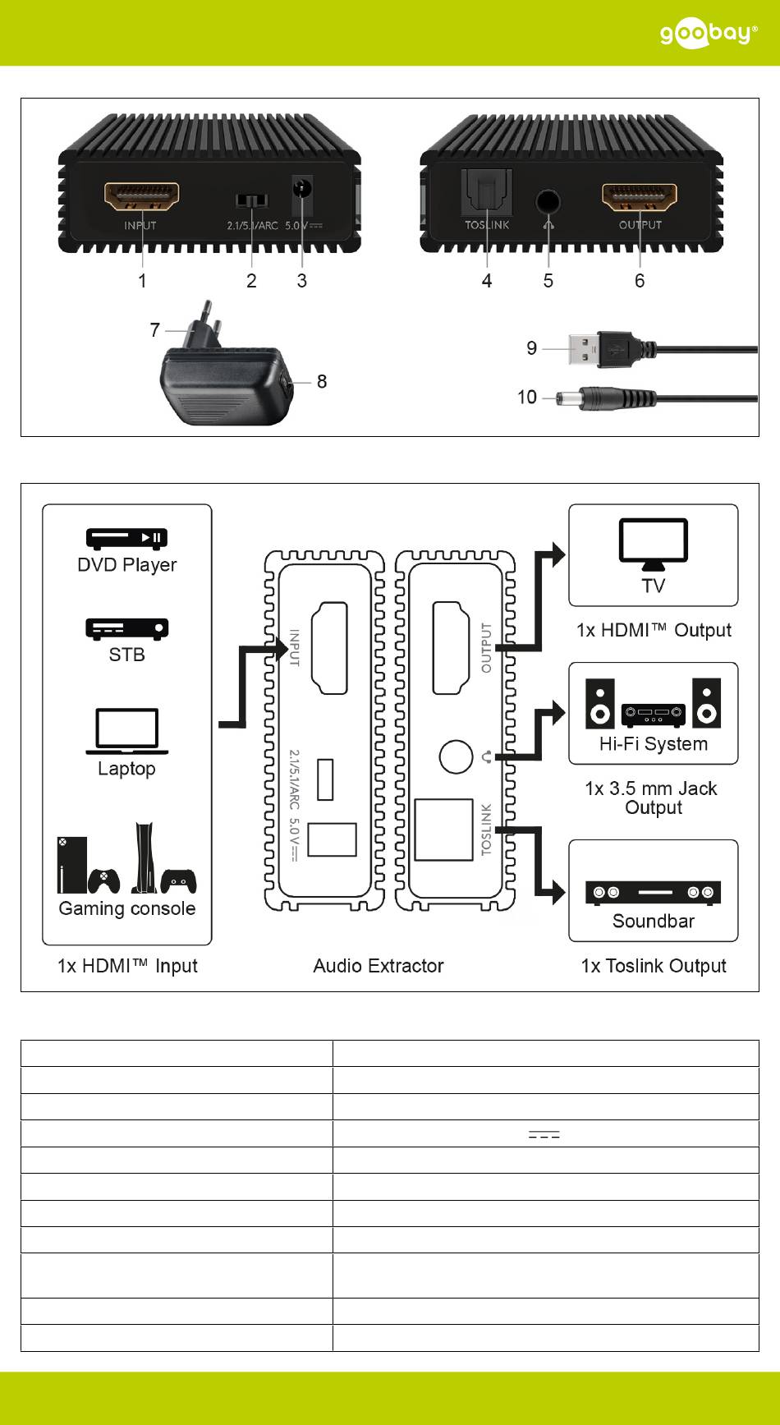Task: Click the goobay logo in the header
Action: [709, 34]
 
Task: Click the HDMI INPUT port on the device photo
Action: [141, 197]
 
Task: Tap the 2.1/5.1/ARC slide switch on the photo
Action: [251, 201]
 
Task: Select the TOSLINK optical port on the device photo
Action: [487, 194]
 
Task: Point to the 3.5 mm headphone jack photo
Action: [548, 201]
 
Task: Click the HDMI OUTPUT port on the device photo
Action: [640, 197]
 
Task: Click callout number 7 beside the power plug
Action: [155, 330]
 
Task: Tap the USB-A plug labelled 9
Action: [586, 348]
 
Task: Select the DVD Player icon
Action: [126, 539]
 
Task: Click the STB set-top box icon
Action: [126, 628]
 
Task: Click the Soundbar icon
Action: [653, 893]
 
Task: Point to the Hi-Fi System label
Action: [653, 744]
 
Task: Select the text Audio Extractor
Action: [379, 966]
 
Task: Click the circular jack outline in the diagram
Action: [456, 756]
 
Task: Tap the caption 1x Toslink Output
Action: [654, 966]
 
